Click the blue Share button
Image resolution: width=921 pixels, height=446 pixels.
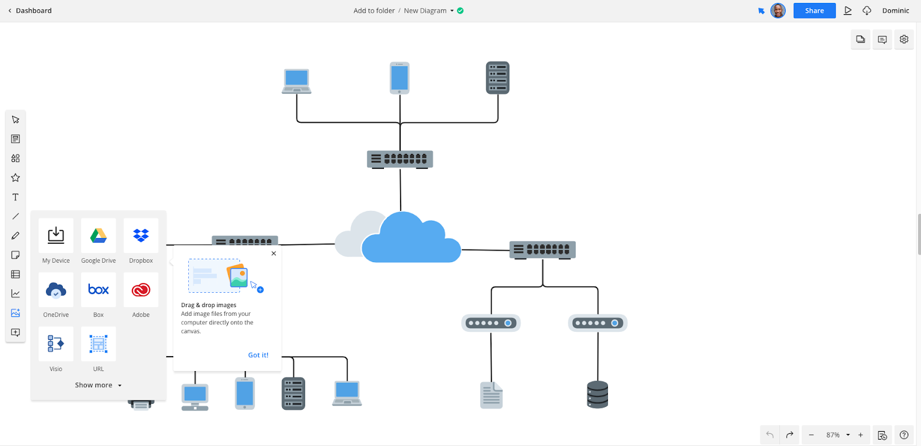point(814,10)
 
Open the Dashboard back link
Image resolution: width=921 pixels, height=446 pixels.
point(30,10)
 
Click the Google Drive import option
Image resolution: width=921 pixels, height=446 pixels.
point(98,236)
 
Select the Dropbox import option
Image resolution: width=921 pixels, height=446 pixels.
point(141,236)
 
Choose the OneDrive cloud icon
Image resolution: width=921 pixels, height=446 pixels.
point(56,290)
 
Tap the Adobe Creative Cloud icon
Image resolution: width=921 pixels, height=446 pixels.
point(141,290)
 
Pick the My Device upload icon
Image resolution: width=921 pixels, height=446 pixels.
point(56,236)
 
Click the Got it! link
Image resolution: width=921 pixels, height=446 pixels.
point(258,355)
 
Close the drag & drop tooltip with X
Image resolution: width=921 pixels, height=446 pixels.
point(274,254)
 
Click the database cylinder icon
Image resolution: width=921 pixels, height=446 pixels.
point(597,395)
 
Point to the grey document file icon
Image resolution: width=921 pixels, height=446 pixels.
point(491,395)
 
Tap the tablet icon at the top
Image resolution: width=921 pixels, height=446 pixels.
point(399,78)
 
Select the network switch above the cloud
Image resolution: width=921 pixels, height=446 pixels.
point(400,159)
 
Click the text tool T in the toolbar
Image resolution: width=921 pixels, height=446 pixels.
point(16,197)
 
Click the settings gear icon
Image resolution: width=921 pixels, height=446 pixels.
point(904,39)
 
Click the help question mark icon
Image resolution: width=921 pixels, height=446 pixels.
point(904,435)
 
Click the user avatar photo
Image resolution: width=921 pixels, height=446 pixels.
point(778,10)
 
